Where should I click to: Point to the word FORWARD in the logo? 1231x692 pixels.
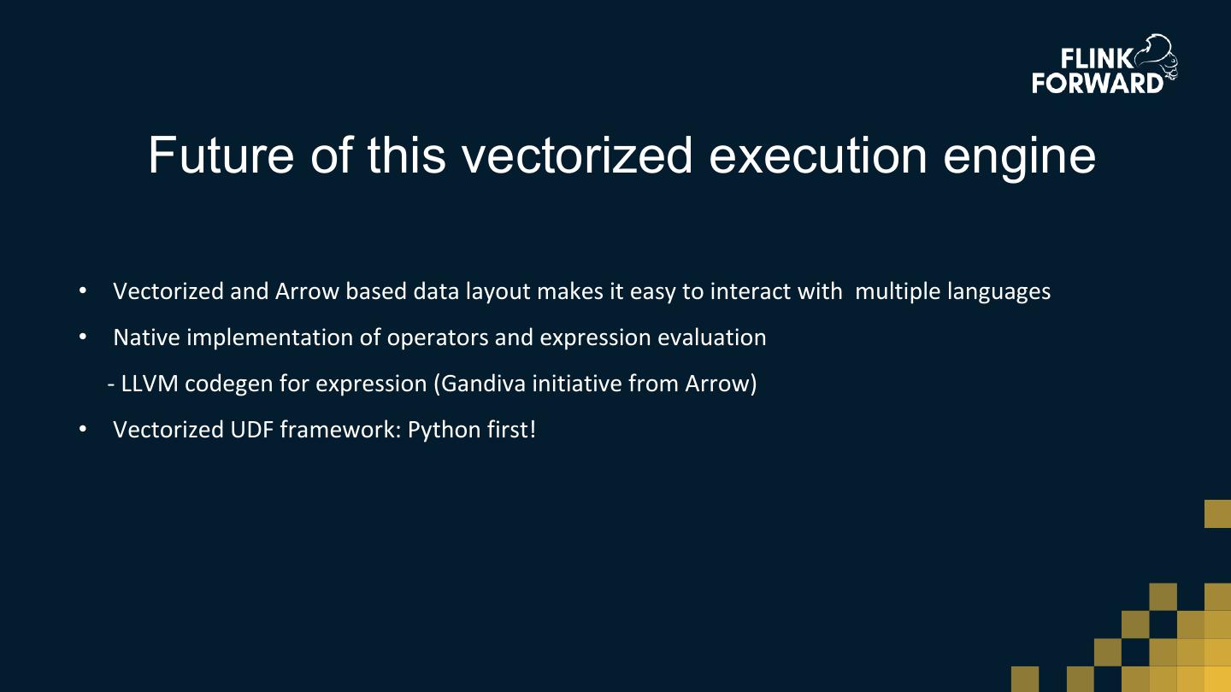(x=1098, y=83)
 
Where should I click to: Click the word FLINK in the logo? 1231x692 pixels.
(x=1097, y=59)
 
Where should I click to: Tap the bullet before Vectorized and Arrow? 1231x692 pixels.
(x=83, y=291)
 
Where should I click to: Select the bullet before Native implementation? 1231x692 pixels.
(x=83, y=337)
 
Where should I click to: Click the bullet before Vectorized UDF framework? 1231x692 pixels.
(x=83, y=430)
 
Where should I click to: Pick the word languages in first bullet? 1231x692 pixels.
(x=999, y=292)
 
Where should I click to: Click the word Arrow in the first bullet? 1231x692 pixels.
(x=307, y=291)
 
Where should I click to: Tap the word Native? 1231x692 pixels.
(x=147, y=337)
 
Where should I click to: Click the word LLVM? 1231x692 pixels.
(x=150, y=384)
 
